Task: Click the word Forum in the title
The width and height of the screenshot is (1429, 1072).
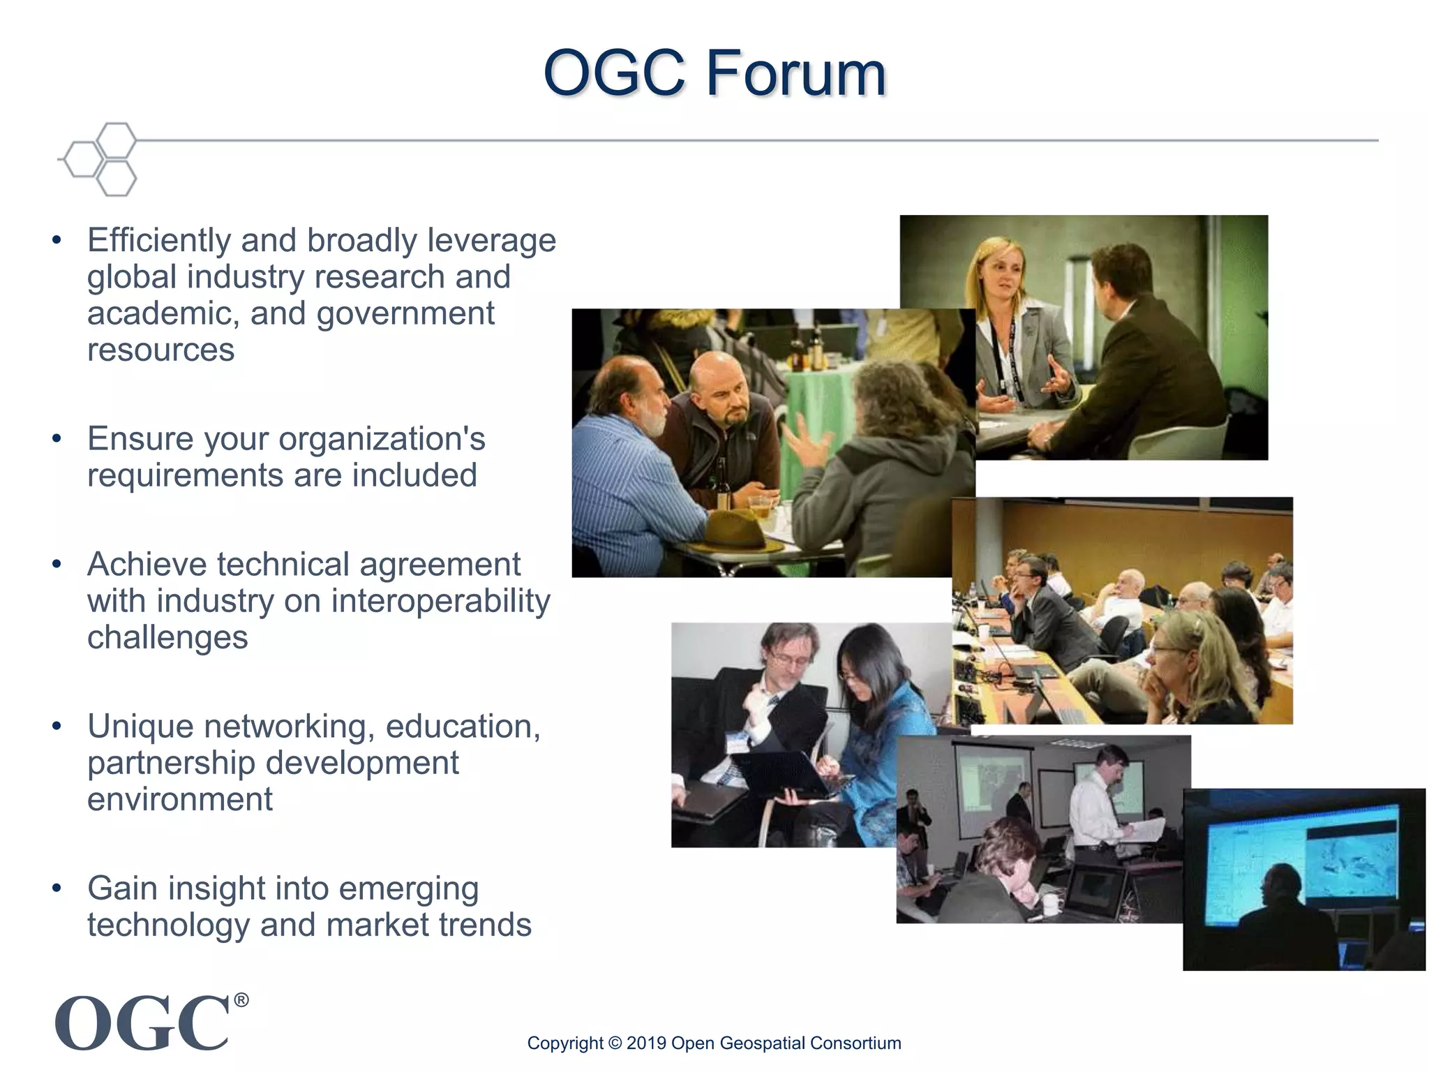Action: (x=795, y=73)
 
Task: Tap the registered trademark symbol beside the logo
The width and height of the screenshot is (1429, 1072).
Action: (x=241, y=1000)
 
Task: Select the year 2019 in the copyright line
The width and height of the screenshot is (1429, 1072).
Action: (x=645, y=1043)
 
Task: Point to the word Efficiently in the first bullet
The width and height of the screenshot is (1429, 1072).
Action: (x=158, y=240)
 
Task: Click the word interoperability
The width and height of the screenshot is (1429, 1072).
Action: (x=440, y=601)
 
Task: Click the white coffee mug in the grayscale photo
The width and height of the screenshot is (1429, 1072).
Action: (x=1050, y=905)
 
